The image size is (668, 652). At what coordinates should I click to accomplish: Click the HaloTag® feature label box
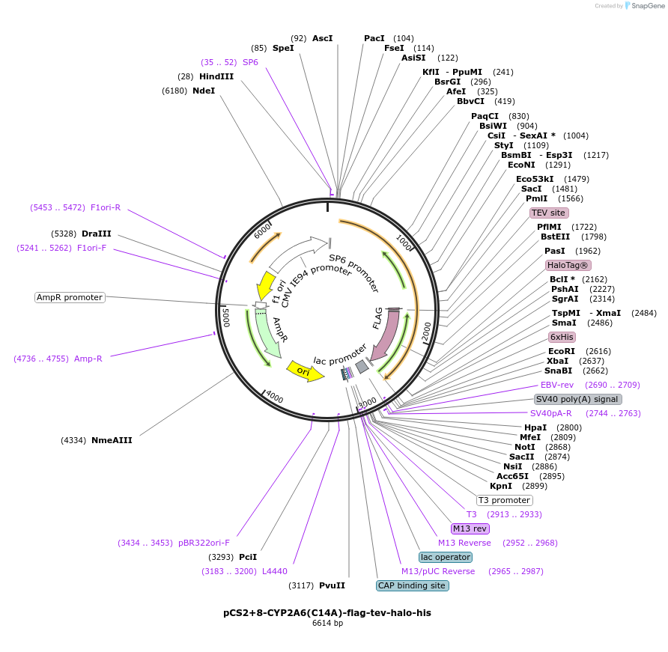568,265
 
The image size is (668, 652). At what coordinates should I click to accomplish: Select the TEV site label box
548,213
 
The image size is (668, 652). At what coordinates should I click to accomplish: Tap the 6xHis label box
562,337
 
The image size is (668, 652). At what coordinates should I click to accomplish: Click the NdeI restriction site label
203,91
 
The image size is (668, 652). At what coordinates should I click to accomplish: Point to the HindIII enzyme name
216,76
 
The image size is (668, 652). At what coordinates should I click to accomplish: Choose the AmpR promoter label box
70,297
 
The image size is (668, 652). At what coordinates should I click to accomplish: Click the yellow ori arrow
305,371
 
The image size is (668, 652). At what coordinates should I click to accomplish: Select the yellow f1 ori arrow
266,284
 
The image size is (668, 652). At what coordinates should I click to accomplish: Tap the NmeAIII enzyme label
112,440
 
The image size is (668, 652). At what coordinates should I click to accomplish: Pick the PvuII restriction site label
332,585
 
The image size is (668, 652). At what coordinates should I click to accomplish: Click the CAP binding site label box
412,585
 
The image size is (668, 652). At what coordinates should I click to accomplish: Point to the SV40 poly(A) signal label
577,399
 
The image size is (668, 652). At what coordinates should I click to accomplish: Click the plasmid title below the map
327,612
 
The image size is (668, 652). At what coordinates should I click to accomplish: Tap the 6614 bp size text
327,623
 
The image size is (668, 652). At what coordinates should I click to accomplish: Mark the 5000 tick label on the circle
225,316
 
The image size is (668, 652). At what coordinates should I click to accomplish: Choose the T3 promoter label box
504,500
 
